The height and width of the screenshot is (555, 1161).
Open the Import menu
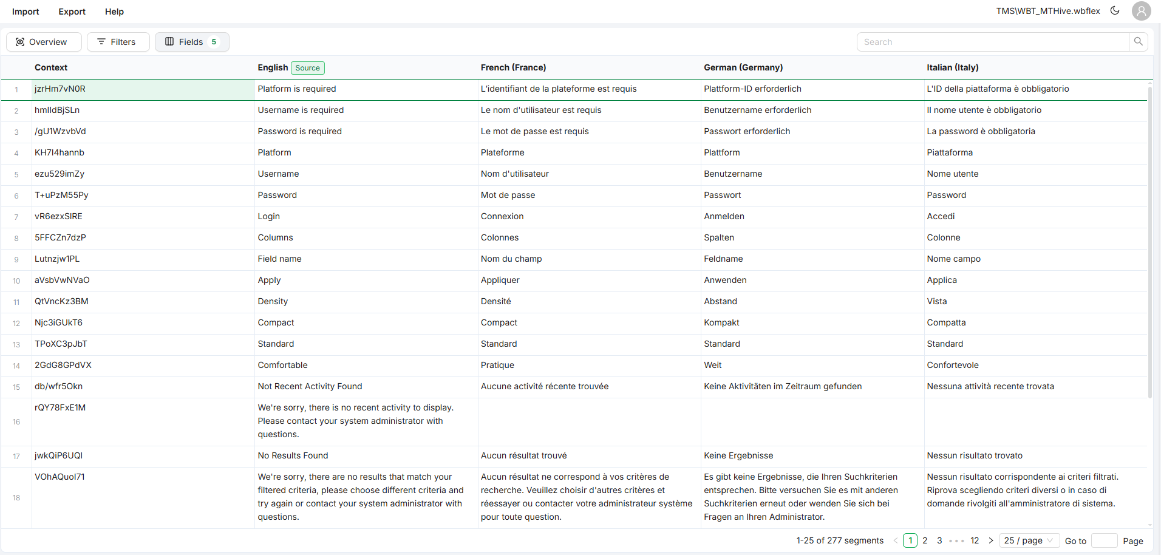pyautogui.click(x=26, y=12)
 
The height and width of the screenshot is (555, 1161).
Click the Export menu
pyautogui.click(x=72, y=12)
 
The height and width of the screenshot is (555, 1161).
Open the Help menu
pyautogui.click(x=114, y=12)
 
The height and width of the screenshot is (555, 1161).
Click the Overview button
pyautogui.click(x=41, y=42)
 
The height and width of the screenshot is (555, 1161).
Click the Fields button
pyautogui.click(x=191, y=42)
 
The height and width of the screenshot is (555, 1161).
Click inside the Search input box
pyautogui.click(x=993, y=42)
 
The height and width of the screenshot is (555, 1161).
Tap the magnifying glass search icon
pyautogui.click(x=1139, y=42)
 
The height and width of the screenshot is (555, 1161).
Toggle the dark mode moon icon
pyautogui.click(x=1115, y=10)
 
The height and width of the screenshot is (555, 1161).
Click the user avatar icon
pyautogui.click(x=1142, y=11)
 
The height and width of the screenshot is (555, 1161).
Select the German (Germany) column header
pyautogui.click(x=743, y=67)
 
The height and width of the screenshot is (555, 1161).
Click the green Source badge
pyautogui.click(x=308, y=68)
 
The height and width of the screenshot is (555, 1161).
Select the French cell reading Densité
pyautogui.click(x=496, y=301)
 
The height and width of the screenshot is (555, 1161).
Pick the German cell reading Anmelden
pyautogui.click(x=724, y=216)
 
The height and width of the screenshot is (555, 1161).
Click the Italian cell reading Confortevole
pyautogui.click(x=953, y=365)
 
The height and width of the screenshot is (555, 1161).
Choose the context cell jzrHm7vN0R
pyautogui.click(x=60, y=89)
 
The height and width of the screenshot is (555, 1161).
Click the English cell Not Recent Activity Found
pyautogui.click(x=310, y=386)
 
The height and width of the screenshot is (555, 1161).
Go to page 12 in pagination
pyautogui.click(x=975, y=540)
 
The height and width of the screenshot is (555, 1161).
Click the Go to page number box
pyautogui.click(x=1104, y=540)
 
